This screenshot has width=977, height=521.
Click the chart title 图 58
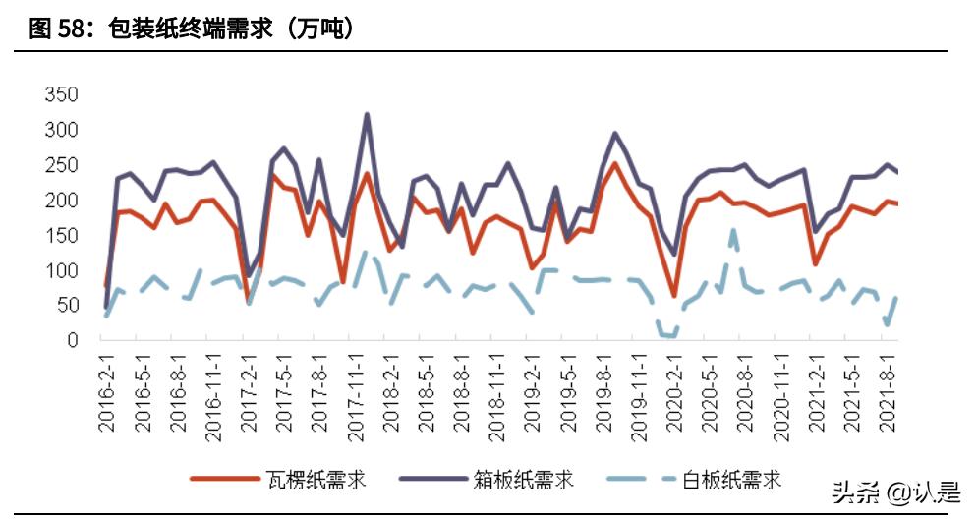click(192, 29)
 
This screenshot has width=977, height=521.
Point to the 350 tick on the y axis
click(61, 95)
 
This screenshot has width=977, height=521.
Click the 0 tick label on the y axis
click(72, 340)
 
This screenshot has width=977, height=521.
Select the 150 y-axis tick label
click(61, 235)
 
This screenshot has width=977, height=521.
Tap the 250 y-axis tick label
click(61, 165)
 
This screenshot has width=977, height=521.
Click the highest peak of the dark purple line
click(367, 114)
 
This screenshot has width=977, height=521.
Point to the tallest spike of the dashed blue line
click(733, 230)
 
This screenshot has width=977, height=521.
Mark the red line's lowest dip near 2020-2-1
click(674, 295)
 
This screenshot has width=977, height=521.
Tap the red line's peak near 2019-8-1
click(615, 163)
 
